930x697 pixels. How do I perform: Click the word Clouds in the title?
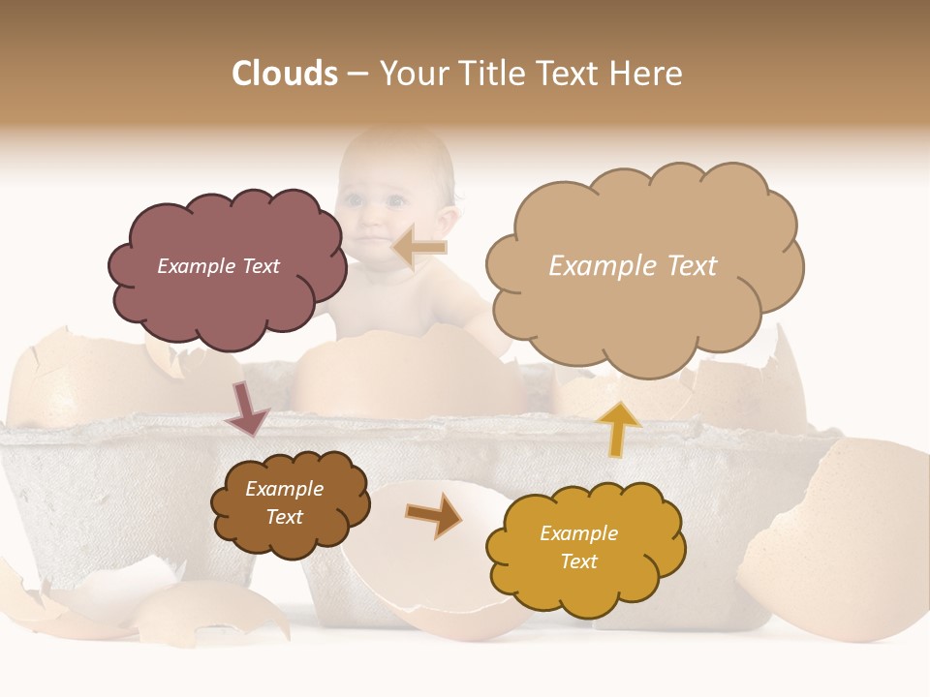285,74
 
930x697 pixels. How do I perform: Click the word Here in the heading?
648,74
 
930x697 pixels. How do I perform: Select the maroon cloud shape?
226,290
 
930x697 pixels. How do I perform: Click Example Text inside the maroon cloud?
218,266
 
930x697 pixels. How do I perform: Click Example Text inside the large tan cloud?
633,266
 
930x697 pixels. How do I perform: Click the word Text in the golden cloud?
578,561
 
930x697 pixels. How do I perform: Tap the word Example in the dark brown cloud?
284,489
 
